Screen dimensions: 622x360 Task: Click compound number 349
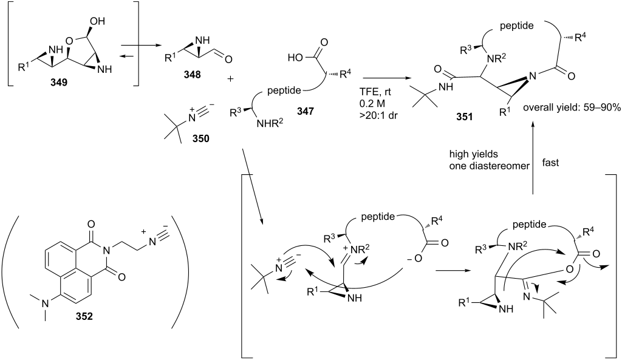click(x=59, y=83)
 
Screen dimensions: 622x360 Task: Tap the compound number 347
click(x=305, y=112)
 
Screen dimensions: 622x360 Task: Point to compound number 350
click(x=200, y=139)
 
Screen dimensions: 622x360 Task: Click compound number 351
click(x=464, y=117)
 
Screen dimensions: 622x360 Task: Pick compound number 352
click(x=84, y=316)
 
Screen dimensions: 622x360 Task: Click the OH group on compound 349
click(x=98, y=21)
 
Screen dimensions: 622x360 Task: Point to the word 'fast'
click(x=550, y=163)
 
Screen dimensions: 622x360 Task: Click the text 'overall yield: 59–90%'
click(x=571, y=108)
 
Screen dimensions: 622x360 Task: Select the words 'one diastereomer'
click(x=489, y=166)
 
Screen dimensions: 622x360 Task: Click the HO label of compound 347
click(x=295, y=58)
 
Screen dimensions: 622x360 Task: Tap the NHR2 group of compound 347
click(x=270, y=124)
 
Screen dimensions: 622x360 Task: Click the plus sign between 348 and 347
click(x=230, y=79)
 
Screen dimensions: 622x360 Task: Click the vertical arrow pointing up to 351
click(x=533, y=158)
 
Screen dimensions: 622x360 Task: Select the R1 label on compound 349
click(x=24, y=67)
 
